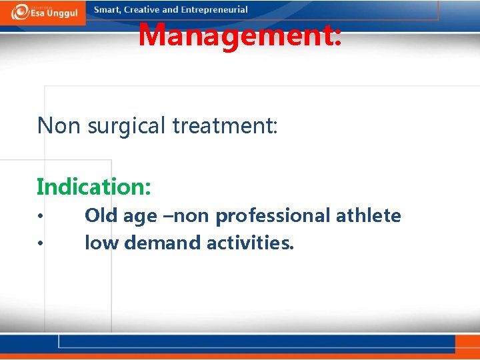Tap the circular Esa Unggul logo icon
pos(20,12)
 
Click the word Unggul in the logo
pos(63,13)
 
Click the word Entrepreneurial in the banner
pos(214,10)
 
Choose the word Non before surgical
pos(59,125)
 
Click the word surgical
pos(127,127)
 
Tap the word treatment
pos(225,125)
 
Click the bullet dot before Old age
pos(40,216)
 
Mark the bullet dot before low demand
pos(40,244)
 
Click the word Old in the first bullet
pos(101,215)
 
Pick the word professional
pos(273,216)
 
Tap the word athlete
pos(368,215)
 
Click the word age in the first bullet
pos(140,217)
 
